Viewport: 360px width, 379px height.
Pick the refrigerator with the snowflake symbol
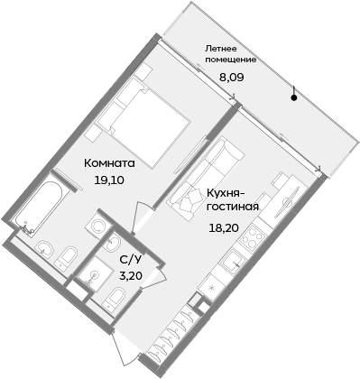(210, 288)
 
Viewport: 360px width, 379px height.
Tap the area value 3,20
(131, 277)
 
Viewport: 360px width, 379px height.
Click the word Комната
(109, 163)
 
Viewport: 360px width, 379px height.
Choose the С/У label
(131, 261)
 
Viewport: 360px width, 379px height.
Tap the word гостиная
(234, 206)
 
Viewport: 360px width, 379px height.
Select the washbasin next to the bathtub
(42, 245)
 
